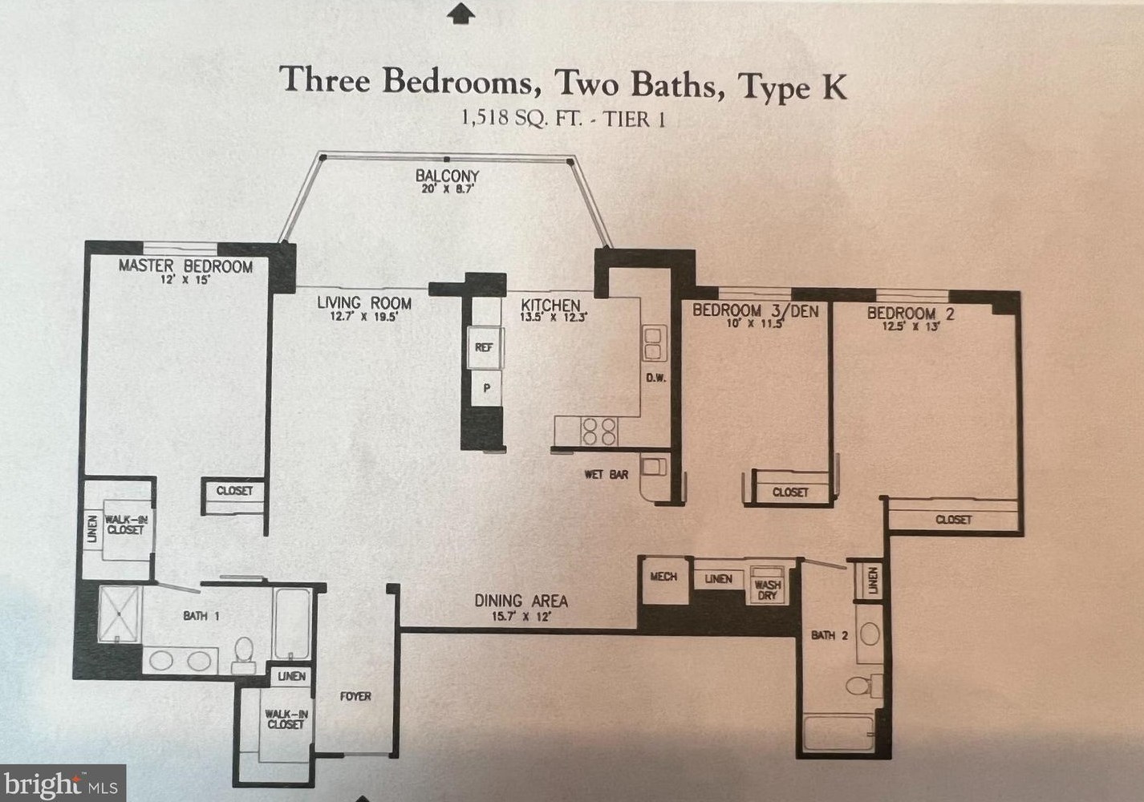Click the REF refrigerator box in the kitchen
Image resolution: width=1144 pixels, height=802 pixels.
tap(484, 347)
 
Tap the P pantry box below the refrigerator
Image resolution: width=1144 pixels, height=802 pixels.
tap(485, 388)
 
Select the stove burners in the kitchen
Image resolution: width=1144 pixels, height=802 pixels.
tap(598, 431)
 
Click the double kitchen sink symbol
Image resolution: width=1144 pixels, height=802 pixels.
tap(653, 342)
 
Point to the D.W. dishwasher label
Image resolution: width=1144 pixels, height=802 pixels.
tap(655, 378)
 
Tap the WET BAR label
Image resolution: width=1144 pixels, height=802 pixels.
tap(606, 475)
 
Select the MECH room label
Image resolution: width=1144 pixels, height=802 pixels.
tap(663, 577)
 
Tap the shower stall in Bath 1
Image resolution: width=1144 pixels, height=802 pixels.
tap(120, 614)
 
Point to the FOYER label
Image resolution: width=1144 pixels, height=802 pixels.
tap(355, 696)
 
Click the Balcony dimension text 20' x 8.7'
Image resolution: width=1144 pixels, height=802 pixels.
tap(448, 190)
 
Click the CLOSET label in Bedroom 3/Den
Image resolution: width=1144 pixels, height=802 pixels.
tap(790, 492)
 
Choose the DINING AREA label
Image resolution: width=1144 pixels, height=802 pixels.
tap(521, 601)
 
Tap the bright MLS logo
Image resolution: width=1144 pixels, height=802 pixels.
tap(63, 784)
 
